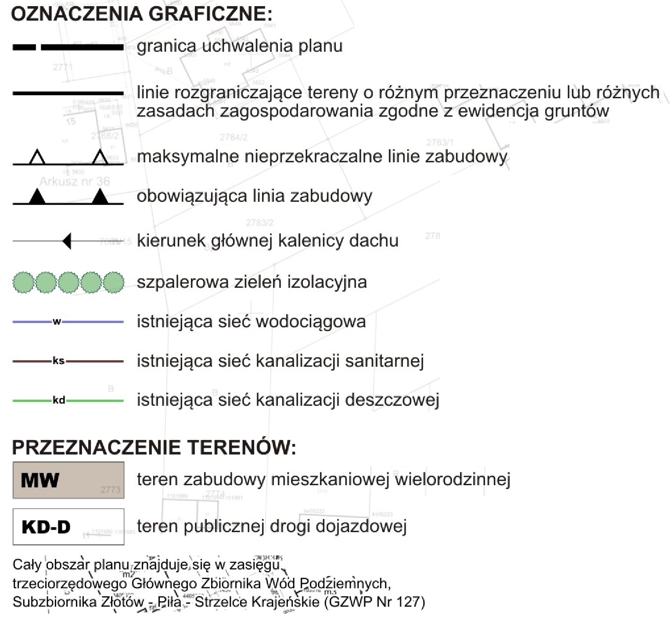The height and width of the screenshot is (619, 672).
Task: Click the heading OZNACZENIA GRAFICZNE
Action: pyautogui.click(x=141, y=14)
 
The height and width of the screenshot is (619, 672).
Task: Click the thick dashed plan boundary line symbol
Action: pyautogui.click(x=68, y=47)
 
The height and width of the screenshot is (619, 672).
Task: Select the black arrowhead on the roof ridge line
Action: pyautogui.click(x=67, y=241)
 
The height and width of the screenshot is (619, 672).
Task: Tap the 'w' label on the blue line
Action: pyautogui.click(x=57, y=322)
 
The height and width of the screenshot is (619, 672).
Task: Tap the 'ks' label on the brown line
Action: pyautogui.click(x=58, y=361)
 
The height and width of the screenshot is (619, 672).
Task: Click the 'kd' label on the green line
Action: pyautogui.click(x=59, y=400)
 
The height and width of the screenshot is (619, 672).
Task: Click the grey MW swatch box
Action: pyautogui.click(x=68, y=480)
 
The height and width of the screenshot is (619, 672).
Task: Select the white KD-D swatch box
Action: pyautogui.click(x=68, y=526)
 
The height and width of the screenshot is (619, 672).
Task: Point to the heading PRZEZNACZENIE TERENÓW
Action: pyautogui.click(x=154, y=448)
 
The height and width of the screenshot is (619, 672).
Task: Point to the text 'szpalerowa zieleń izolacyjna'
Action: pyautogui.click(x=252, y=282)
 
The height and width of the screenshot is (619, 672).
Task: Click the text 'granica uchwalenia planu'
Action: pyautogui.click(x=239, y=46)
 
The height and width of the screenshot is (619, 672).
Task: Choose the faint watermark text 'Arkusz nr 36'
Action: pyautogui.click(x=75, y=181)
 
